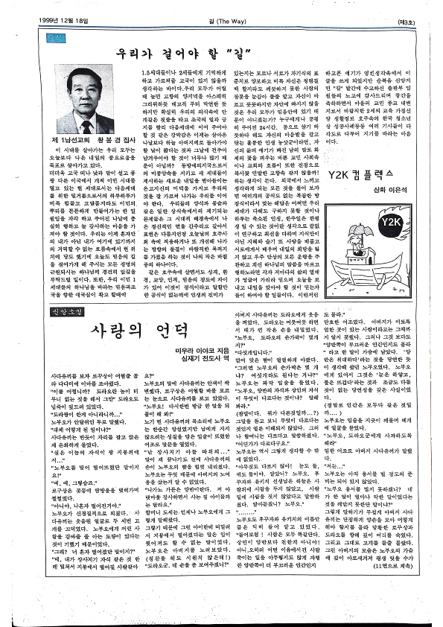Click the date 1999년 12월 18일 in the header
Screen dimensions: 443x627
pyautogui.click(x=51, y=21)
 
